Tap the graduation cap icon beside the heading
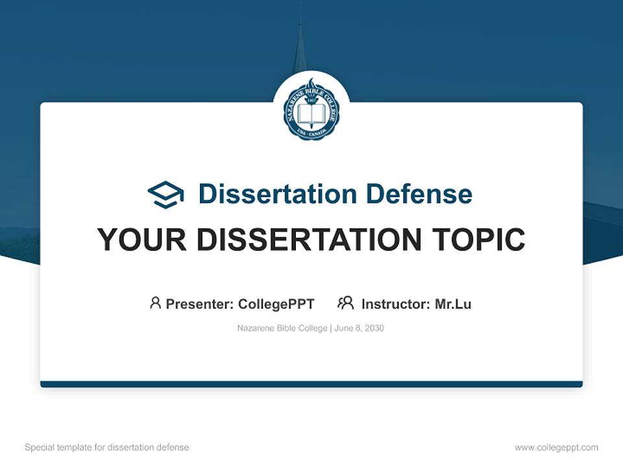[x=165, y=195]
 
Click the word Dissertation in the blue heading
[x=277, y=194]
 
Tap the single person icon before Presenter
[x=155, y=303]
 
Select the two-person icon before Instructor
[x=345, y=303]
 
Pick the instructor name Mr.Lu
[x=453, y=304]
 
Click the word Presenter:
[x=200, y=304]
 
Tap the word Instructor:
[x=396, y=304]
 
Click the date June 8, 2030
[x=360, y=328]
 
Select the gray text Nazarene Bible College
[x=283, y=328]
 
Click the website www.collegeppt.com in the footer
[x=556, y=448]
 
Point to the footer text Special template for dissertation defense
[x=107, y=448]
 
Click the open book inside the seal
[x=311, y=115]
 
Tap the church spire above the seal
[x=299, y=45]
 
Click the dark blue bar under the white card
[x=311, y=384]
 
